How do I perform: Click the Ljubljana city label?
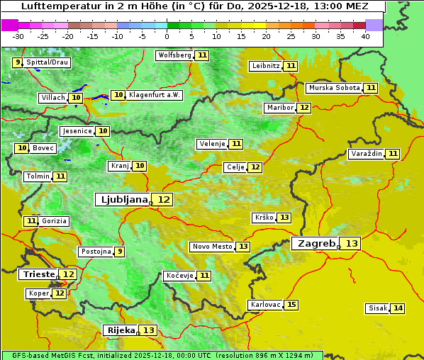[123, 200]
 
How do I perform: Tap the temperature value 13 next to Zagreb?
[352, 244]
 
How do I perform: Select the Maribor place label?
[279, 108]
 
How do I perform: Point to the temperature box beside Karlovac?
[291, 305]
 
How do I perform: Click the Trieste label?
[38, 274]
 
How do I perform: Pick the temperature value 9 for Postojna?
[120, 252]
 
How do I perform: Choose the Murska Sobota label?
[334, 88]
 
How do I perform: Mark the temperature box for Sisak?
[398, 308]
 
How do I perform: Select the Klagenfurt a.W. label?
[155, 95]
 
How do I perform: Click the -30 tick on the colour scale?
[18, 36]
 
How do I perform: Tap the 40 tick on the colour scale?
[365, 36]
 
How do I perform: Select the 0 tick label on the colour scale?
[167, 36]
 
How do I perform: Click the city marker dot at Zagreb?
[339, 247]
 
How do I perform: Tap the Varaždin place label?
[367, 154]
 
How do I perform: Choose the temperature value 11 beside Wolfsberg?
[203, 55]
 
